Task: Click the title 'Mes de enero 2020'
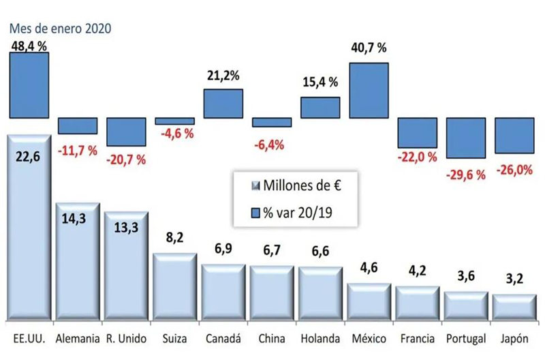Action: click(x=59, y=29)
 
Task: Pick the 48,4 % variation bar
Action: click(x=29, y=85)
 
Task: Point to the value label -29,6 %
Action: click(x=466, y=175)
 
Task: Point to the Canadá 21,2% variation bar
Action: click(x=223, y=104)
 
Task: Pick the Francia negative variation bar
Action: click(x=417, y=132)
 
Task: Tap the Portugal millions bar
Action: click(x=466, y=307)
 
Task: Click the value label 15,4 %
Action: click(x=320, y=82)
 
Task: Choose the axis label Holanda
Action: click(x=320, y=339)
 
